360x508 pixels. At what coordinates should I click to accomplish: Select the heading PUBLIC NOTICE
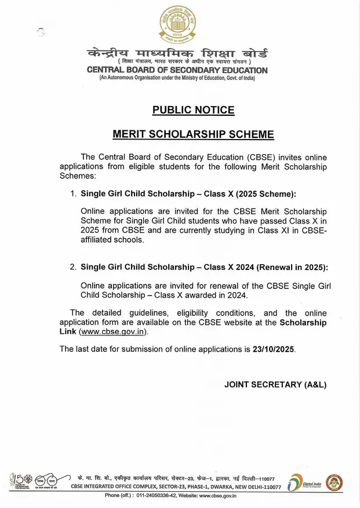click(x=193, y=110)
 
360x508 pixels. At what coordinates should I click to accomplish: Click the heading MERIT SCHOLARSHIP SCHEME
click(x=192, y=134)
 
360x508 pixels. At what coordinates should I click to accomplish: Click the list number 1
click(x=73, y=193)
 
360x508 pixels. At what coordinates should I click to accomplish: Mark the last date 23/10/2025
click(x=274, y=349)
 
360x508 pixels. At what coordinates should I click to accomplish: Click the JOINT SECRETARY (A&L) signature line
click(x=275, y=384)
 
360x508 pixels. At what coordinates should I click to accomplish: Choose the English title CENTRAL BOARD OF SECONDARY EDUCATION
click(x=177, y=70)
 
